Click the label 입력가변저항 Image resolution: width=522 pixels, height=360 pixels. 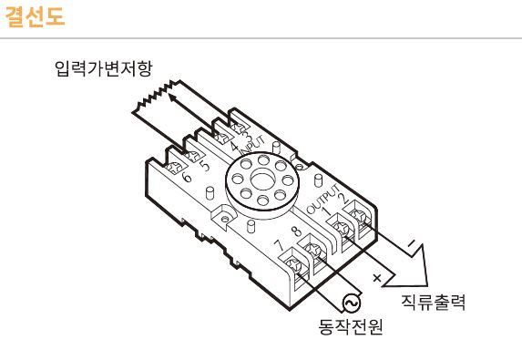pos(103,69)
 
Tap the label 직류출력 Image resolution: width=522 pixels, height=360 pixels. pos(434,302)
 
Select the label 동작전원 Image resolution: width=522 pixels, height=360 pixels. pos(350,325)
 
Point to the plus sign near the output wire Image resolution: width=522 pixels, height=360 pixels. pos(376,274)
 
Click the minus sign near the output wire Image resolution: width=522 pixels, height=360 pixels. pos(412,243)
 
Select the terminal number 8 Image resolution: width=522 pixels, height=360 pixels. pos(297,231)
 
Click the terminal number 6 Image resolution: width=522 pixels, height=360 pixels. pos(186,177)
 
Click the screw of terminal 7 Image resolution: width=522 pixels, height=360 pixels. pos(298,265)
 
